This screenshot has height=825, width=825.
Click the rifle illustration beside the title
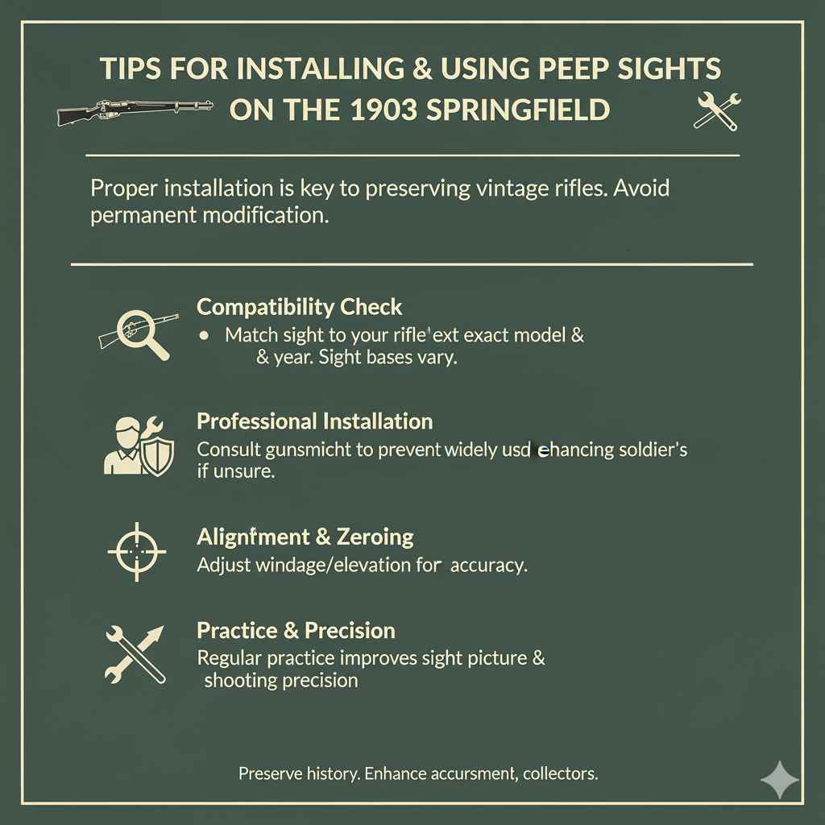136,110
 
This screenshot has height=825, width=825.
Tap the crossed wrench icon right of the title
715,110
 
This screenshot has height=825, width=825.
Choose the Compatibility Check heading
299,307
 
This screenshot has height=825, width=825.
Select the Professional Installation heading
314,421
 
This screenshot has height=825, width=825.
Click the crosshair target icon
136,551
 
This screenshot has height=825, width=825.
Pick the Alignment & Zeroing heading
305,537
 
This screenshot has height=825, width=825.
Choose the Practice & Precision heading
296,630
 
